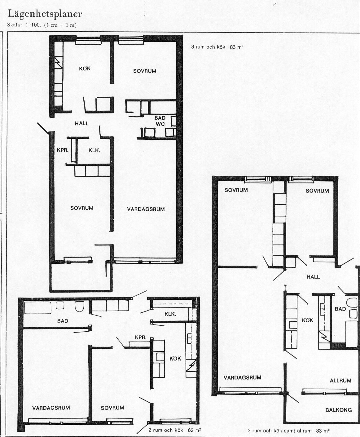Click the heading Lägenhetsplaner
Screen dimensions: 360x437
coord(45,14)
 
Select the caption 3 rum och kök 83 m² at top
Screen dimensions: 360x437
coord(217,47)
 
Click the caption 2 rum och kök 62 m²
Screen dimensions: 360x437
coord(175,430)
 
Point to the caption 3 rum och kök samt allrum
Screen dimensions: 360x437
coord(279,430)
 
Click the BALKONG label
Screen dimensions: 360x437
coord(338,410)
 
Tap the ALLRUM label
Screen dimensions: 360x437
coord(340,381)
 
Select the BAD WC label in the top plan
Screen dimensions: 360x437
coord(160,121)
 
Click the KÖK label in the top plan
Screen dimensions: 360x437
coord(85,68)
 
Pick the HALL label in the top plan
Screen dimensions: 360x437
coord(81,123)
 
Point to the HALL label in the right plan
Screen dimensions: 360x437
coord(313,277)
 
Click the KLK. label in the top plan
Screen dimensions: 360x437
coord(94,150)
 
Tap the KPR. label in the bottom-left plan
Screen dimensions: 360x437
coord(141,338)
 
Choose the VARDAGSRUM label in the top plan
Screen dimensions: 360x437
coord(146,209)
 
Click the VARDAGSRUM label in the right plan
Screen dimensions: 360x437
coord(243,377)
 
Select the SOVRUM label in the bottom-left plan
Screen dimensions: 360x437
coord(112,408)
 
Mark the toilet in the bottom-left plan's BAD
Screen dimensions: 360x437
coord(80,307)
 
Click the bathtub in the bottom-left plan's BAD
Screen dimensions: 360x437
coord(38,308)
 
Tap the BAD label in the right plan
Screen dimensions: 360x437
coord(340,309)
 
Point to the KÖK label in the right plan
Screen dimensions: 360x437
coord(308,320)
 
